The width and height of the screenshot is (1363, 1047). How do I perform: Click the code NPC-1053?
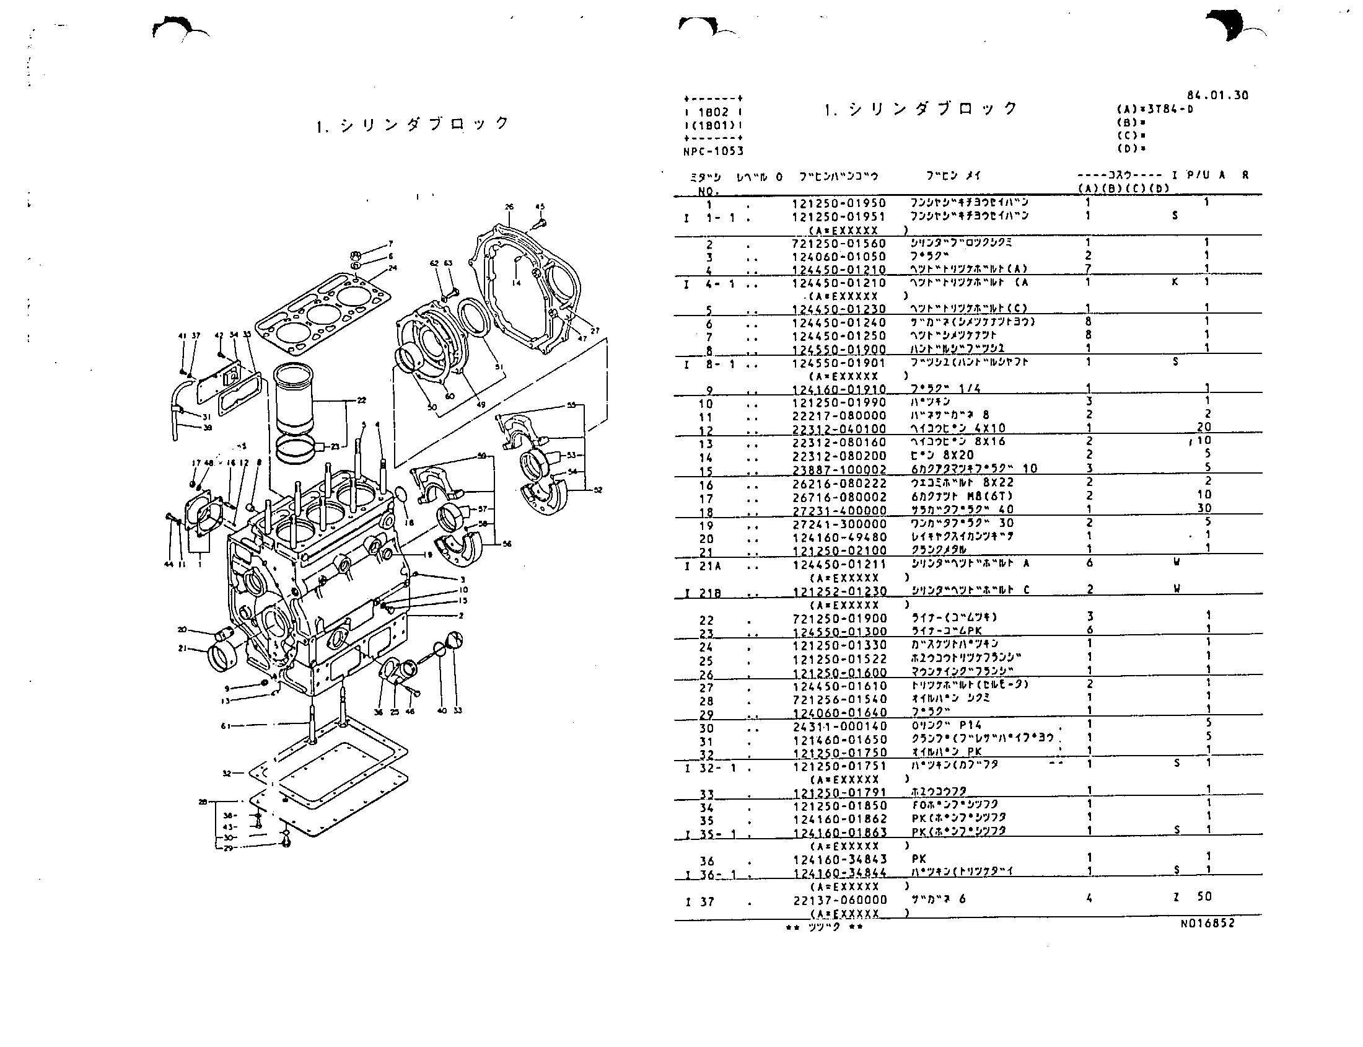tap(713, 151)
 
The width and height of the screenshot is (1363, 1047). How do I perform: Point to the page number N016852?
tap(1207, 923)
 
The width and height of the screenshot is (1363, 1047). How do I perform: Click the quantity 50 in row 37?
tap(1204, 897)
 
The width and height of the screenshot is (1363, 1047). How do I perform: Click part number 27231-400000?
tap(838, 510)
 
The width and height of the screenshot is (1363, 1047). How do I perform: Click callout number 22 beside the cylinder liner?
tap(361, 400)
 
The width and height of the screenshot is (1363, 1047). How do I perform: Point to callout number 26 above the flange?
tap(509, 207)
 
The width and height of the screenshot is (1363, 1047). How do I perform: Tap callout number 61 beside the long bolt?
tap(226, 725)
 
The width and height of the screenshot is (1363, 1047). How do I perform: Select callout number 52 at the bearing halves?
tap(597, 490)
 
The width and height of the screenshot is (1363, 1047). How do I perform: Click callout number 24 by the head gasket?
tap(392, 268)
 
